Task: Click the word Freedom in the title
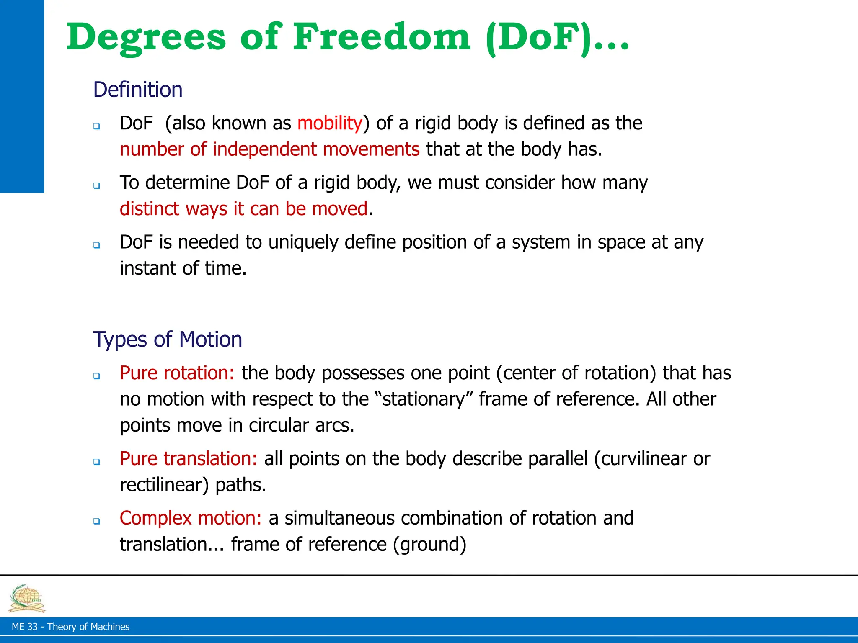click(382, 38)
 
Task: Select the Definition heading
click(138, 90)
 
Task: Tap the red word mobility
click(330, 123)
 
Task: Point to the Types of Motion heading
click(168, 339)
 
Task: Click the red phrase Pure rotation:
click(177, 373)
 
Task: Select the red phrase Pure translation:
click(188, 459)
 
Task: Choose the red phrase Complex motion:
click(191, 518)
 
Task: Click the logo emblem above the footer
click(27, 598)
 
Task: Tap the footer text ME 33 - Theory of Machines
click(70, 627)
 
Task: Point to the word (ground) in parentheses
click(429, 545)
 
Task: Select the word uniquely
click(303, 242)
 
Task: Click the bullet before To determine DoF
click(97, 185)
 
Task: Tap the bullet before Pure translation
click(97, 462)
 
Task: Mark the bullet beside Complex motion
click(97, 521)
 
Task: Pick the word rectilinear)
click(164, 485)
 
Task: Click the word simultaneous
click(340, 518)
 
